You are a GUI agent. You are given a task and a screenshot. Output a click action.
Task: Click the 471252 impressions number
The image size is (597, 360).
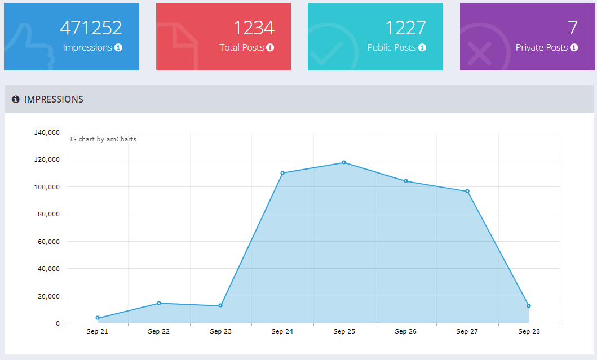(x=91, y=28)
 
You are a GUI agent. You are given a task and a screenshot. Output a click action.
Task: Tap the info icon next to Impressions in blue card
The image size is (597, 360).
(x=118, y=48)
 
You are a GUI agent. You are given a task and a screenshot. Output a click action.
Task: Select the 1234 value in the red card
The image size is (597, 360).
(x=253, y=28)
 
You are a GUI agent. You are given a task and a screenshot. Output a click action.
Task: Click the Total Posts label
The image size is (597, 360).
(x=241, y=48)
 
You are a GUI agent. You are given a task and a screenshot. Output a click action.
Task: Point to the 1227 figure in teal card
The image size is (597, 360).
(x=405, y=28)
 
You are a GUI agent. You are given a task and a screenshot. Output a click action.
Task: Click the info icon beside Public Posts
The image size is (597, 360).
(x=422, y=48)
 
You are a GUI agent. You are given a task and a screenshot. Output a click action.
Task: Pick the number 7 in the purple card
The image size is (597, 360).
(x=572, y=28)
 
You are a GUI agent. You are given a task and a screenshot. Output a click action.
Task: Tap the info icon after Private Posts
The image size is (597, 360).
(x=574, y=48)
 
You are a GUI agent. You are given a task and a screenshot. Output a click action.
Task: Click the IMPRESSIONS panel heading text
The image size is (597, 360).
(x=54, y=99)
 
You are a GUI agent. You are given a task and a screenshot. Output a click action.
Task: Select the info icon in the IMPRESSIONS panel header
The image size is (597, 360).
(x=16, y=99)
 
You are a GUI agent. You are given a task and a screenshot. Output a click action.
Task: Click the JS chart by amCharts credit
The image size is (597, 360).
(x=103, y=139)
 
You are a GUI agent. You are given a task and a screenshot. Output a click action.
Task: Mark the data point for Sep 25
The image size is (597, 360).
(x=344, y=162)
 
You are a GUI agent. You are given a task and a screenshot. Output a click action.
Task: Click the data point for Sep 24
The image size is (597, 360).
(x=282, y=173)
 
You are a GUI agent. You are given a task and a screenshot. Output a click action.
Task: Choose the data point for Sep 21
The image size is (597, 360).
(x=98, y=318)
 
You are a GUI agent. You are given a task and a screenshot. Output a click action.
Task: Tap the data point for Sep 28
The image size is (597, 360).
(x=529, y=306)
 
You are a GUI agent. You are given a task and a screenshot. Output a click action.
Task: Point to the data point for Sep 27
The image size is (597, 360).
(x=467, y=191)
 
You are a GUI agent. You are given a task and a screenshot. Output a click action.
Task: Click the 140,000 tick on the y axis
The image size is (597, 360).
(x=47, y=132)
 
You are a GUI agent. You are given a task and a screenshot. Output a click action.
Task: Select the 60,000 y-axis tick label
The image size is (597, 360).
(x=48, y=242)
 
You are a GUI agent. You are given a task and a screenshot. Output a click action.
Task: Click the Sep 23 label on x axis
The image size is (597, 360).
(x=220, y=331)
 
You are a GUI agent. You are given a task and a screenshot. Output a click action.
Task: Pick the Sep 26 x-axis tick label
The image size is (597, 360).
(x=405, y=331)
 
